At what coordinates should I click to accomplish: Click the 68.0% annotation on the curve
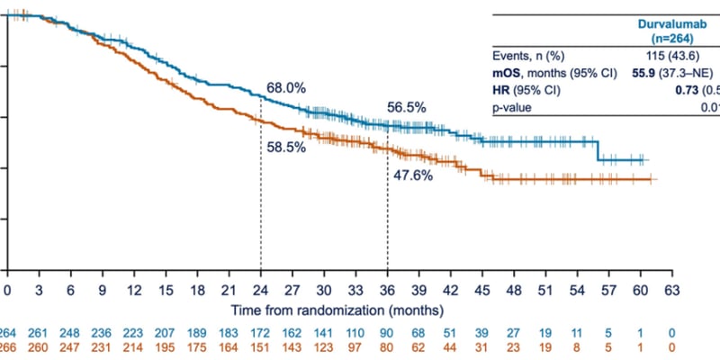point(286,88)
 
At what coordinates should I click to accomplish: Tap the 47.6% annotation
point(413,175)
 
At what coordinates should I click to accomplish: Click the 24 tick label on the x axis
point(261,291)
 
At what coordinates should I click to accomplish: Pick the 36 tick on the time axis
point(388,291)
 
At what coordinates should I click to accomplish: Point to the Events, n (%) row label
point(528,58)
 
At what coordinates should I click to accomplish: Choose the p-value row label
point(511,108)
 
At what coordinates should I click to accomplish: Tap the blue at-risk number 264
point(7,331)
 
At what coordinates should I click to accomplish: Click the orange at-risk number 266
point(7,346)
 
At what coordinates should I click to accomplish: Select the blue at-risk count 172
point(261,331)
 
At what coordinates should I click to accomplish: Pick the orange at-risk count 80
point(388,346)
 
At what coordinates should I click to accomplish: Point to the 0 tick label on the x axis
point(7,291)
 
